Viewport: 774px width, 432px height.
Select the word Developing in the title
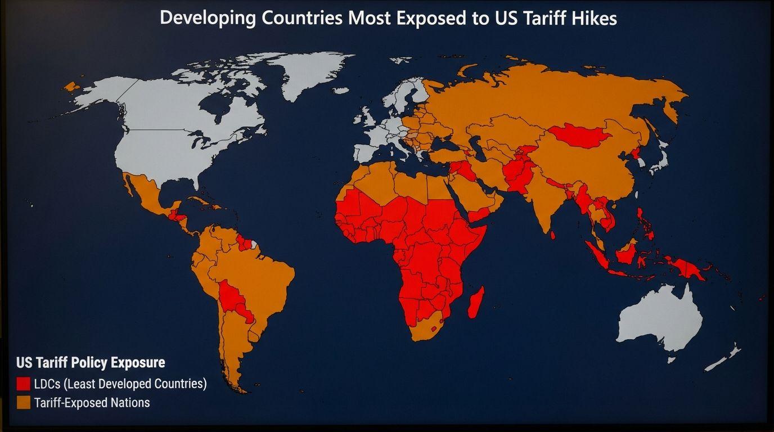point(208,18)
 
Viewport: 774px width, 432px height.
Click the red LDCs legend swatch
point(24,384)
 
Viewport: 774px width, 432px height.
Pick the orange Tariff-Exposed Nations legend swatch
point(24,403)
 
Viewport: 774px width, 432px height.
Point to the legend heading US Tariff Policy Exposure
point(91,362)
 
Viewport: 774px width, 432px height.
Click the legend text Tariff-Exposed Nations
point(92,403)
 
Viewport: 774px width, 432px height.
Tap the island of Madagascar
point(476,301)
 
